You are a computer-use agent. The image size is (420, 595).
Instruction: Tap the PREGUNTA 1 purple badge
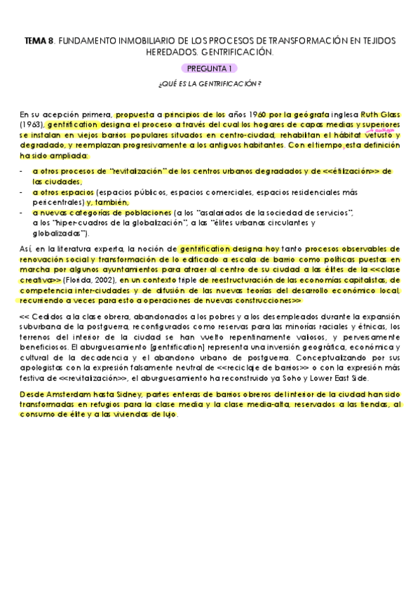click(x=210, y=69)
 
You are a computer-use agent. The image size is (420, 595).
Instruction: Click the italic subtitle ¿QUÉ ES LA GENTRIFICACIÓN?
click(x=210, y=84)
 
